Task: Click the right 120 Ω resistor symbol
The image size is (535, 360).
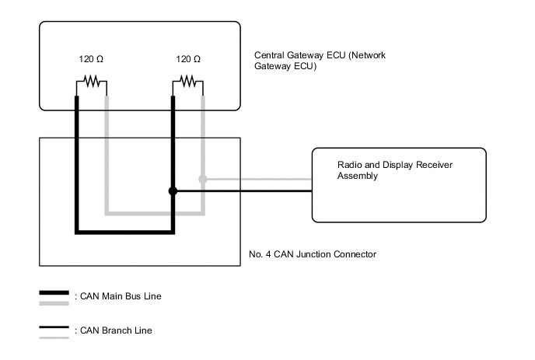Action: [x=187, y=80]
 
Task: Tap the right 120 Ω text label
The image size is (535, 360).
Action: [x=188, y=59]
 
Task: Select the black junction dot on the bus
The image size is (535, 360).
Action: [x=173, y=191]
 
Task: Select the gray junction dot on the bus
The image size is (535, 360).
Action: [x=203, y=180]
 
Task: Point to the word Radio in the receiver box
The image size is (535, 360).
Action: [x=349, y=166]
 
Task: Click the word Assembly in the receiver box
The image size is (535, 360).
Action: [x=357, y=177]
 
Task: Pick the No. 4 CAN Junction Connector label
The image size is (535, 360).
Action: [x=313, y=254]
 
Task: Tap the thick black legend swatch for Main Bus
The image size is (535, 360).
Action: [x=54, y=293]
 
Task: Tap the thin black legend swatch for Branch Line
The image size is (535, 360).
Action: [x=54, y=327]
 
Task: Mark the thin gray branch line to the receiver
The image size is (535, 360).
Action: [x=257, y=180]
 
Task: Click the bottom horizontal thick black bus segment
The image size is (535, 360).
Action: [x=124, y=231]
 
